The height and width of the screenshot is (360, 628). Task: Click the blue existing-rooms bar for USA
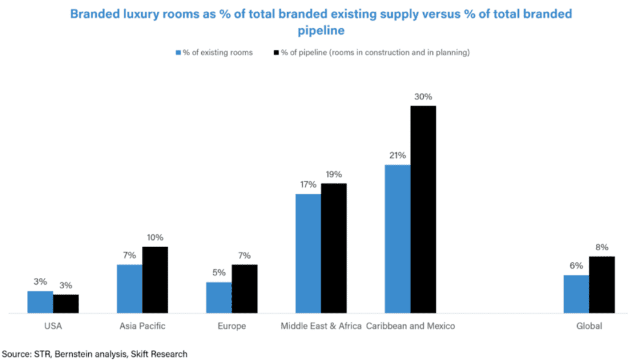point(40,302)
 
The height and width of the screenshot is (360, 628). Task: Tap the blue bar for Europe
point(218,298)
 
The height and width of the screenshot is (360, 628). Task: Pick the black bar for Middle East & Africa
point(334,248)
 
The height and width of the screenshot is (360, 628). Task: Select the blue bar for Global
point(576,294)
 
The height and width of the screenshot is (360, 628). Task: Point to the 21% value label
point(397,155)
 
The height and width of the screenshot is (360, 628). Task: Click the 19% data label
point(334,174)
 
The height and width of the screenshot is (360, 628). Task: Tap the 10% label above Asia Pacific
point(155,237)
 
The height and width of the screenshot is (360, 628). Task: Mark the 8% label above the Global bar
point(602,247)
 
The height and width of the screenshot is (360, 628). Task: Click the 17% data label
point(308,185)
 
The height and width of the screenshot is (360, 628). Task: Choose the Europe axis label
point(232,326)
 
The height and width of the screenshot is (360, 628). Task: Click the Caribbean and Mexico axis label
point(410,326)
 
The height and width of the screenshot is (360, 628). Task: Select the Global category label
point(589,326)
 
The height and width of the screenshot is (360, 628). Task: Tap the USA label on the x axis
point(53,326)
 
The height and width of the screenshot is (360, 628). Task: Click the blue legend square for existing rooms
point(178,53)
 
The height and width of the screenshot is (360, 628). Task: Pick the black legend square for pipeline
point(275,53)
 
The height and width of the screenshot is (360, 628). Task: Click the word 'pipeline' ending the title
point(321,29)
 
